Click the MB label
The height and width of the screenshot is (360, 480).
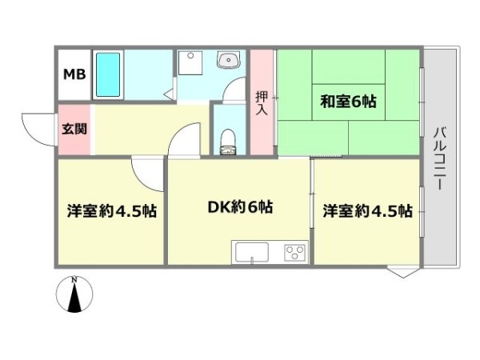(74, 74)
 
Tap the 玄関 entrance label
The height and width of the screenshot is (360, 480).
(74, 129)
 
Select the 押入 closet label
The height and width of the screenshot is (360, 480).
(262, 103)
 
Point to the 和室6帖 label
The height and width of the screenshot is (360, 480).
(348, 102)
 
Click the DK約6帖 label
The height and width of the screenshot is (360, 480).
(240, 207)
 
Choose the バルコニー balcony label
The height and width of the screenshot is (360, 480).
(439, 159)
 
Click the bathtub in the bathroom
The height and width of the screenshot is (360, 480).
(108, 74)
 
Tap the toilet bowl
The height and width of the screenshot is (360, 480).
(228, 142)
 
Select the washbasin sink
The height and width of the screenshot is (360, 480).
(229, 60)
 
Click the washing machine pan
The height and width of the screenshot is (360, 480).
(190, 62)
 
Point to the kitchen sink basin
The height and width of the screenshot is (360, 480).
(252, 252)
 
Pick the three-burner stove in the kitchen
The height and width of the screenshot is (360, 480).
(295, 253)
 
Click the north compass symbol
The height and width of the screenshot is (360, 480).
(74, 294)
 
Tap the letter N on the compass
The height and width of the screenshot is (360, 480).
(74, 279)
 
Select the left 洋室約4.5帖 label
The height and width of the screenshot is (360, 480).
(112, 211)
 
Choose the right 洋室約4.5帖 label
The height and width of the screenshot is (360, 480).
(368, 211)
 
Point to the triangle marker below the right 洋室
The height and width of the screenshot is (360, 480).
(403, 272)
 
